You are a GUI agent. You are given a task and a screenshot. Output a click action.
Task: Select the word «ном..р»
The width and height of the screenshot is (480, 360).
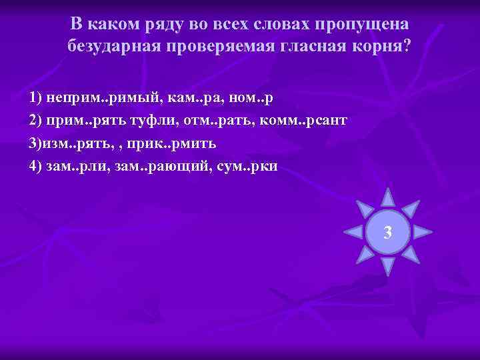(251, 97)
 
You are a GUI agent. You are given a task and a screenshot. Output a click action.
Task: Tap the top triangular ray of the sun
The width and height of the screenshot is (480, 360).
(387, 196)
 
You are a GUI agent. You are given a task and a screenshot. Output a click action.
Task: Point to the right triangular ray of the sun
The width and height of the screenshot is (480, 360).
(423, 232)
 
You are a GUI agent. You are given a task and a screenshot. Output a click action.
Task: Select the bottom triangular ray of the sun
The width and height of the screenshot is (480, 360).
(387, 267)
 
